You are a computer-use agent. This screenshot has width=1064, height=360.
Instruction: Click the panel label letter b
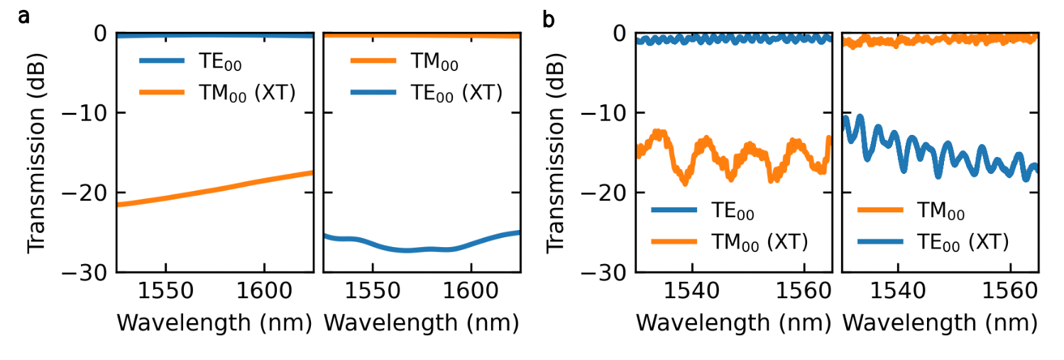(548, 18)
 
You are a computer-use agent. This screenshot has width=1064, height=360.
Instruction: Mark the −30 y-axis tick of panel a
(90, 272)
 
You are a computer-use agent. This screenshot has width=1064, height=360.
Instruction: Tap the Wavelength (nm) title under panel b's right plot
(940, 323)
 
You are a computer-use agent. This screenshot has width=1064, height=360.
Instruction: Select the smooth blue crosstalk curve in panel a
(419, 249)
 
